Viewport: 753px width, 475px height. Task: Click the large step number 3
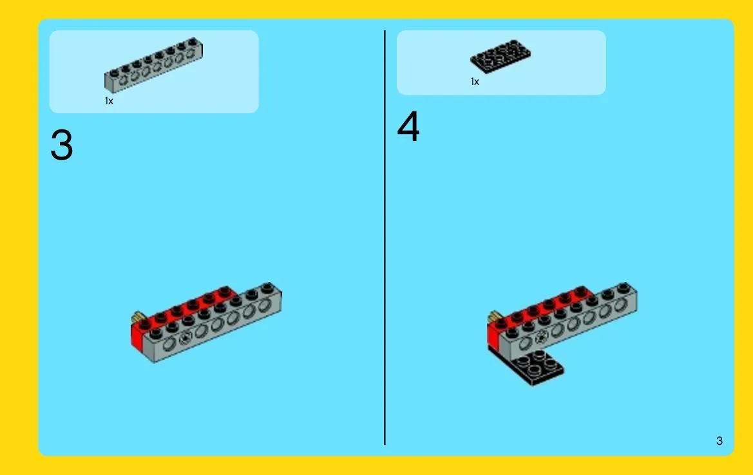61,145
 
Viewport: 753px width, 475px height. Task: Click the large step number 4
408,126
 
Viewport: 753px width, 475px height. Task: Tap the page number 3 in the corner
719,441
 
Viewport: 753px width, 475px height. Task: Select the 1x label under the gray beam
109,101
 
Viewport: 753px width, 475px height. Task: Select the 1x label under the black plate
475,82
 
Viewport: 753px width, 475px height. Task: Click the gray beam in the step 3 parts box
154,65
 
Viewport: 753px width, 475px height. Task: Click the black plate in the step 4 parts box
500,57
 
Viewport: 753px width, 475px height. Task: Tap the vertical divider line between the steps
385,237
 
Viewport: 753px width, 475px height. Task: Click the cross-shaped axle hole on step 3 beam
185,339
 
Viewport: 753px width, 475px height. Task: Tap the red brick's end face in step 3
137,337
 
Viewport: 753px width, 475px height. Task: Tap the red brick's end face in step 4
493,335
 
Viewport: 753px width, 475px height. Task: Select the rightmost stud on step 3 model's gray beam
267,288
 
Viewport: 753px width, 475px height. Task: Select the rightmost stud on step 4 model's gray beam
624,288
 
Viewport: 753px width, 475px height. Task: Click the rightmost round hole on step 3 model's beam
264,306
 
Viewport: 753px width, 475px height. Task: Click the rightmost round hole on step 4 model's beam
620,305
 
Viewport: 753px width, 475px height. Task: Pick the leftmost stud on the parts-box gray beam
114,73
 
